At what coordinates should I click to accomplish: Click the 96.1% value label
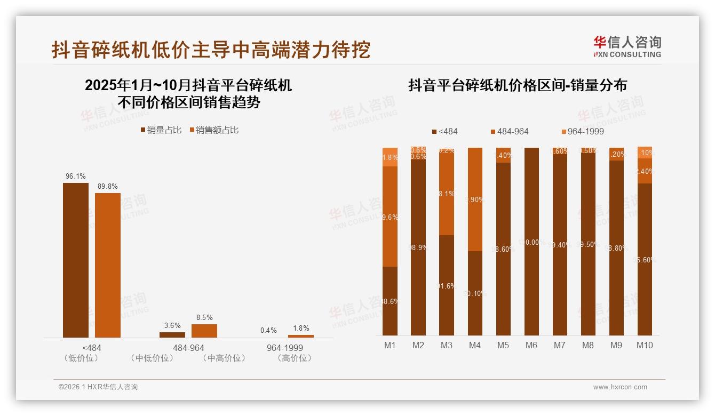click(x=76, y=177)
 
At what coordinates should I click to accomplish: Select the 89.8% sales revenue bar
click(x=108, y=265)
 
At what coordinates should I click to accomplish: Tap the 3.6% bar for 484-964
click(x=172, y=335)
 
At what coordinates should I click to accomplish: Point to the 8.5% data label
click(x=204, y=317)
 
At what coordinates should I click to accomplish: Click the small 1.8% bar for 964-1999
click(x=301, y=336)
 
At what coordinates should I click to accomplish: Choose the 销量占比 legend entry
click(x=161, y=130)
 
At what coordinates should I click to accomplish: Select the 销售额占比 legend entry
click(x=214, y=130)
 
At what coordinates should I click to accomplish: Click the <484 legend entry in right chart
click(x=445, y=132)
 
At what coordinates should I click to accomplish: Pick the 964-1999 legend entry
click(x=582, y=132)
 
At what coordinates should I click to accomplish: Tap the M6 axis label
click(x=531, y=346)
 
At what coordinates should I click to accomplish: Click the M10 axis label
click(x=645, y=346)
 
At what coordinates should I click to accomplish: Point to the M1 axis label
click(x=390, y=346)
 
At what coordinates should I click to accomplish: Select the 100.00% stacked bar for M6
click(x=531, y=241)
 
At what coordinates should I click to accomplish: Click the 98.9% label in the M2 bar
click(x=418, y=248)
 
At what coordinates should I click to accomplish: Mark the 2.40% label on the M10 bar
click(x=645, y=172)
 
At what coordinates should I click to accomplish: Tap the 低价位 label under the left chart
click(x=81, y=358)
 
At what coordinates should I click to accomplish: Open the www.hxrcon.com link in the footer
click(x=620, y=387)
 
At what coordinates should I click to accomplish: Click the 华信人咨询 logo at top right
click(x=627, y=46)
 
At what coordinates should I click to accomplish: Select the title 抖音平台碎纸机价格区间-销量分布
click(x=517, y=85)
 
